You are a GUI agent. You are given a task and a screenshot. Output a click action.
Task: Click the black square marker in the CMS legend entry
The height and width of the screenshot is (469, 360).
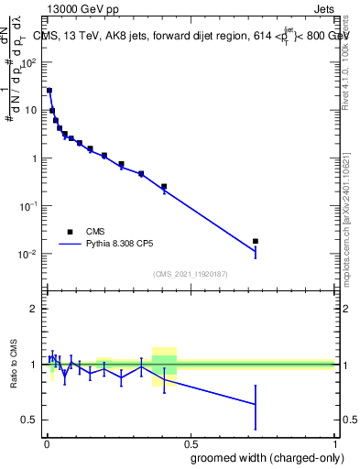tap(70, 233)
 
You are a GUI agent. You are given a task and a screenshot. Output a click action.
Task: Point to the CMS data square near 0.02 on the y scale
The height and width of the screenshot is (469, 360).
tap(256, 241)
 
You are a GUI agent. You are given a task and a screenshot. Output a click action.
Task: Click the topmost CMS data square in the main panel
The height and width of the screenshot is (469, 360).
tap(49, 91)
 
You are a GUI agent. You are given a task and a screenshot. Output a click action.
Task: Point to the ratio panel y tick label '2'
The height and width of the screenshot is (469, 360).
tap(33, 310)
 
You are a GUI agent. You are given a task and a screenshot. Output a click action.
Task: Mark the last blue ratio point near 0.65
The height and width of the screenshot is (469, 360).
tap(256, 403)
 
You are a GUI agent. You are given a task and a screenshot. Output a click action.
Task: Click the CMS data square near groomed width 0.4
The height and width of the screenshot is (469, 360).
tap(164, 187)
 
